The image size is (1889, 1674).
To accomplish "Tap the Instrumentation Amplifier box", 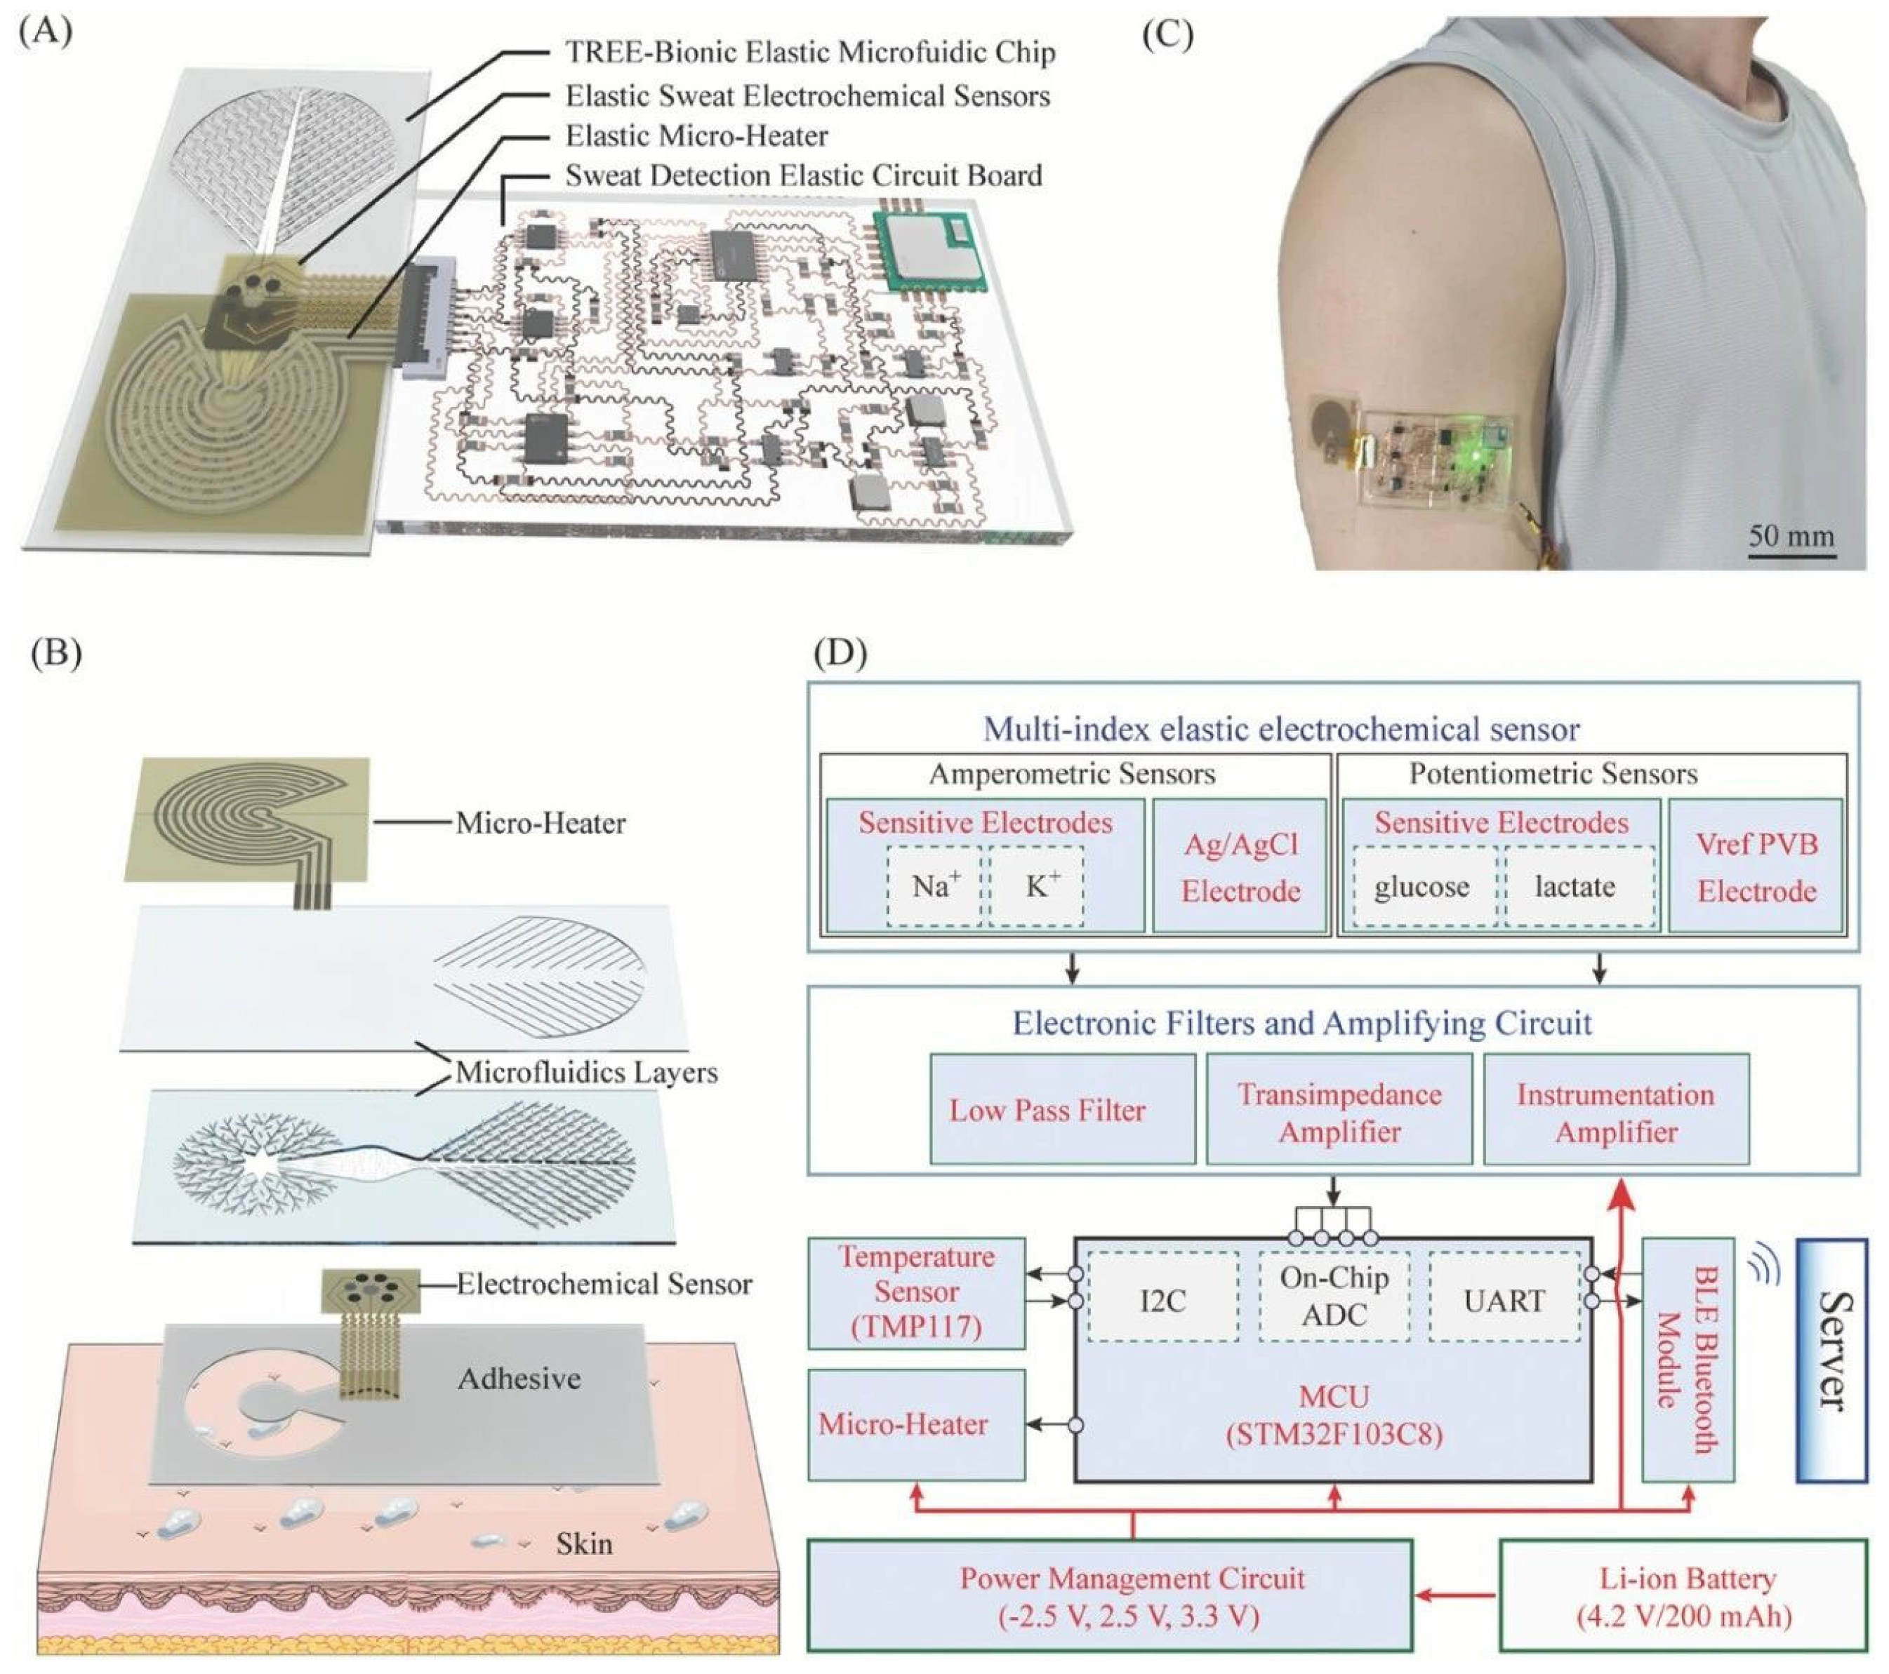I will (x=1615, y=1109).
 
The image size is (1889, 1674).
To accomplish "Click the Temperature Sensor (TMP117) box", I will (x=916, y=1292).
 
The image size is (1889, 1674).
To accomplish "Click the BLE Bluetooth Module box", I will (x=1687, y=1359).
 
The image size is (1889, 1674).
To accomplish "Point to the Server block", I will (x=1830, y=1359).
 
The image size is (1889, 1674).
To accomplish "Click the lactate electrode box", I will (x=1575, y=887).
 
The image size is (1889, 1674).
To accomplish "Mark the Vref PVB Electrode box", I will (x=1756, y=866).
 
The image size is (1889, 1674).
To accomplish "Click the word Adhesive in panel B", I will (x=519, y=1379).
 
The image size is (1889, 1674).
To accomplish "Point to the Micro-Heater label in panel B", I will (x=540, y=823).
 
